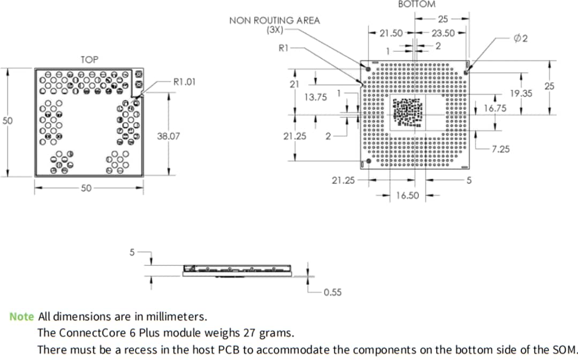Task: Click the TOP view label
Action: pyautogui.click(x=89, y=59)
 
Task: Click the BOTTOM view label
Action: pyautogui.click(x=417, y=4)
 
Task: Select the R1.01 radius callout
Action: pyautogui.click(x=185, y=82)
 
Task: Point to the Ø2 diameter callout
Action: pyautogui.click(x=521, y=39)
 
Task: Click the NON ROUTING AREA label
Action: pyautogui.click(x=274, y=21)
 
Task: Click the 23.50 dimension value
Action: pyautogui.click(x=443, y=33)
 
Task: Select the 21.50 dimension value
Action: pyautogui.click(x=391, y=33)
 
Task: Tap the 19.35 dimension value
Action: pyautogui.click(x=521, y=93)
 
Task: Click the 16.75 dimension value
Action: pyautogui.click(x=495, y=108)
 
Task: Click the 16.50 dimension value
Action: pyautogui.click(x=408, y=196)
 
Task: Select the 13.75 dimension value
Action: pyautogui.click(x=315, y=97)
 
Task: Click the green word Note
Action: pyautogui.click(x=21, y=317)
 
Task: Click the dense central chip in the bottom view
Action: pyautogui.click(x=408, y=112)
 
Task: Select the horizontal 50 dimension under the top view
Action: pyautogui.click(x=87, y=188)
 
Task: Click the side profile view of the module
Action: pyautogui.click(x=237, y=270)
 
